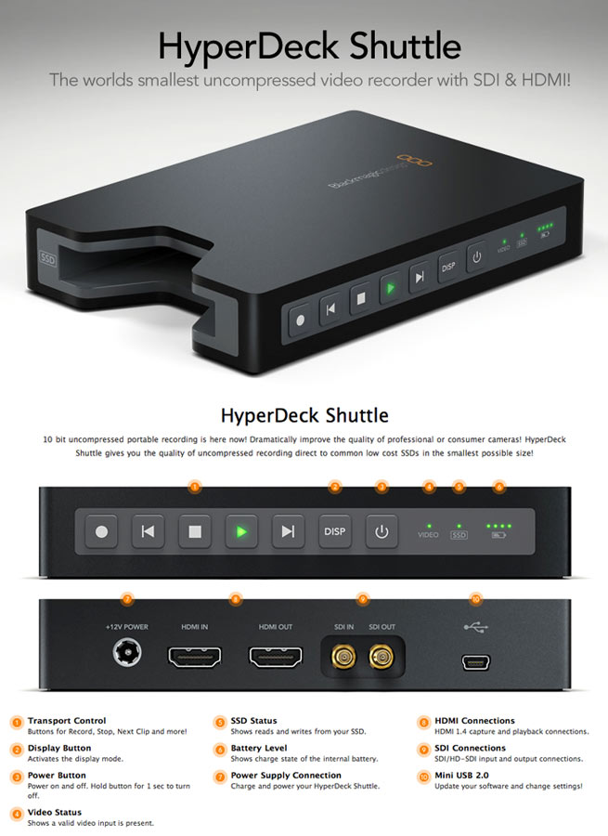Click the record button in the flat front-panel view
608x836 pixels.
103,532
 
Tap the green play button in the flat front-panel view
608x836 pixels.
241,532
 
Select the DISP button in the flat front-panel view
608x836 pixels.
334,532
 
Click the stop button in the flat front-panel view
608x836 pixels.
195,532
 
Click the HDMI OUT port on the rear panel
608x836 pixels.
276,660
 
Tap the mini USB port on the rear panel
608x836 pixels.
477,662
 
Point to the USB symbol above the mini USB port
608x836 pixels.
475,627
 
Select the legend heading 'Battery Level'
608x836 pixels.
259,748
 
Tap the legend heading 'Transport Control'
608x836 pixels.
67,721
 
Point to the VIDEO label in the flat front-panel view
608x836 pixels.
428,535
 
